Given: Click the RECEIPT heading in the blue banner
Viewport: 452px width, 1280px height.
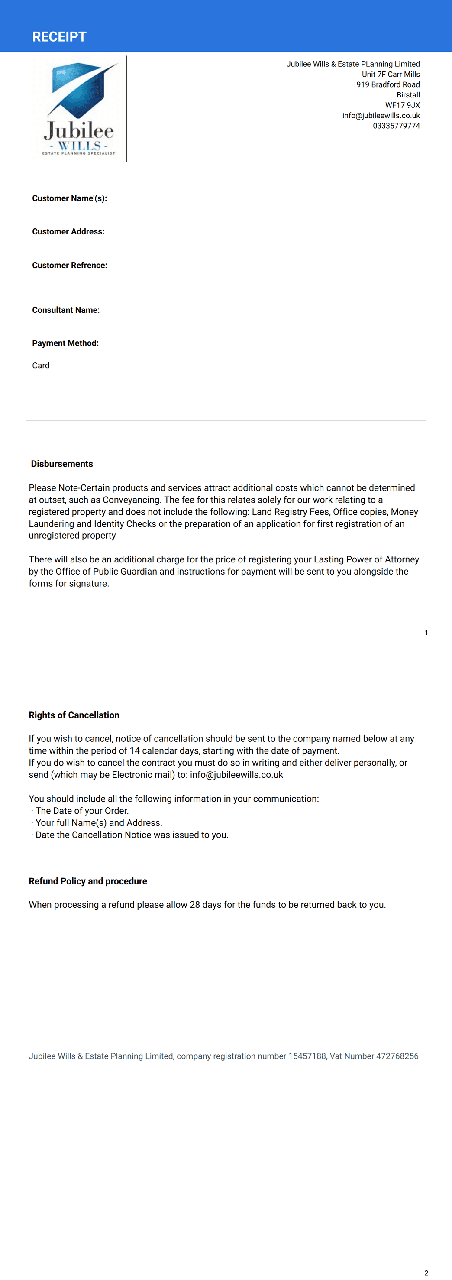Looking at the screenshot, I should [59, 37].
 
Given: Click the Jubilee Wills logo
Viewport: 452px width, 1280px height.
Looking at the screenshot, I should [79, 109].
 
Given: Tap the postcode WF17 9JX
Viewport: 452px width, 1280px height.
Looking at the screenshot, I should [402, 105].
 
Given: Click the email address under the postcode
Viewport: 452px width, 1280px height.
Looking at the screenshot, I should [381, 116].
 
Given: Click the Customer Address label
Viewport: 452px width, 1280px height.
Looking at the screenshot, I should [68, 231].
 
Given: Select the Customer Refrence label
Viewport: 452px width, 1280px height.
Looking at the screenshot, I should [70, 265].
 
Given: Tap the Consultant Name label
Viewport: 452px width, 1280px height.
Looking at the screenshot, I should [65, 310].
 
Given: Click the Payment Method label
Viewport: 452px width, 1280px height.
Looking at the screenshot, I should [65, 343].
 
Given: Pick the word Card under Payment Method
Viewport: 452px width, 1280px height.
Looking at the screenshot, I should [41, 366].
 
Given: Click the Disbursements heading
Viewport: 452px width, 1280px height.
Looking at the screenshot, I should [61, 464].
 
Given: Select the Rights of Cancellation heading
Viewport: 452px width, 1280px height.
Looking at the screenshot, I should [74, 715].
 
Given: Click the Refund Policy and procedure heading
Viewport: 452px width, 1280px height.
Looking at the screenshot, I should [88, 881].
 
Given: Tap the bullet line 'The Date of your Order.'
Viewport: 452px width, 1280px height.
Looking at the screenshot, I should [82, 811].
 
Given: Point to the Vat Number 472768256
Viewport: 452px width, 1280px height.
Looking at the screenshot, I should [397, 1056].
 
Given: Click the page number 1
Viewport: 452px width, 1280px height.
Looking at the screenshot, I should [426, 633].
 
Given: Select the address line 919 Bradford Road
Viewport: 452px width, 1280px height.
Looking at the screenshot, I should [388, 85].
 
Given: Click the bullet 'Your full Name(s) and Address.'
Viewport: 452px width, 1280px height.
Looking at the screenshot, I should [99, 823].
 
